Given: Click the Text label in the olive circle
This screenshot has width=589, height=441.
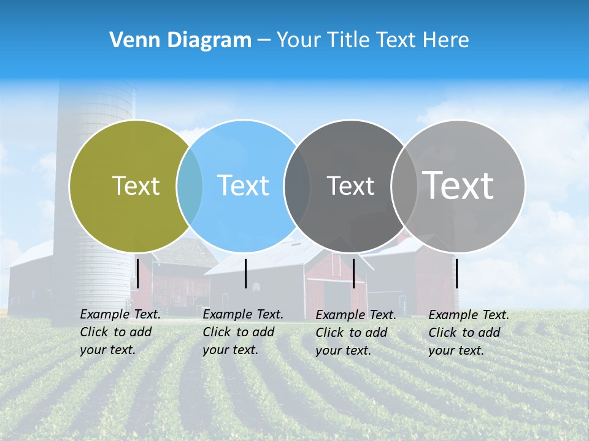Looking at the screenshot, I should coord(136,186).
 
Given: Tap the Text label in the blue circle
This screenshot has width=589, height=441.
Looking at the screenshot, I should coord(243,186).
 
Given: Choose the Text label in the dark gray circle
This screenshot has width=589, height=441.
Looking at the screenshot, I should coord(350,186).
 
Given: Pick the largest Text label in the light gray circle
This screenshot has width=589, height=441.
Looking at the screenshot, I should coord(458,185).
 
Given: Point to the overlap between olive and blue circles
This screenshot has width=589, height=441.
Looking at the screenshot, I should coord(190,186).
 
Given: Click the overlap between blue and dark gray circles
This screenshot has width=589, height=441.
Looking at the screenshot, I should coord(297,186).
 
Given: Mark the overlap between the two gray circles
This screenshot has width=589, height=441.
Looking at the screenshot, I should coord(404,186).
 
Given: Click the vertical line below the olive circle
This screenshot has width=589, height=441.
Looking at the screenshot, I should coord(137,273).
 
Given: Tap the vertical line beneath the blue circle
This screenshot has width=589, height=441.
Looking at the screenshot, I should coord(245,273).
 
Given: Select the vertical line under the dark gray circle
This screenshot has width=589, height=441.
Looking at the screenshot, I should coord(353,273).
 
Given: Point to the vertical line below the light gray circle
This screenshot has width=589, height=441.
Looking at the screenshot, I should coord(456,273).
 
